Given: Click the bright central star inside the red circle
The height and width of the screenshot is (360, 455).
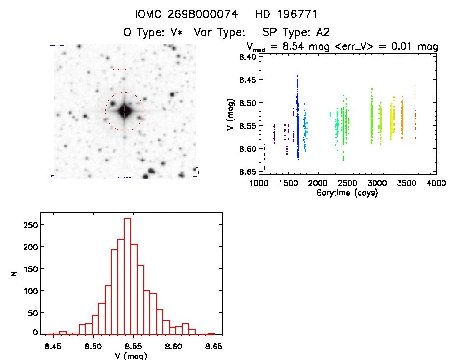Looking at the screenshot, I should [x=124, y=111].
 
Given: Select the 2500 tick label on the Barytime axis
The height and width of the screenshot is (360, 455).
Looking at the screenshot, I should [x=348, y=183].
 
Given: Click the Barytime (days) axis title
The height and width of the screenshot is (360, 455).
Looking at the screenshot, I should [x=347, y=193].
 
